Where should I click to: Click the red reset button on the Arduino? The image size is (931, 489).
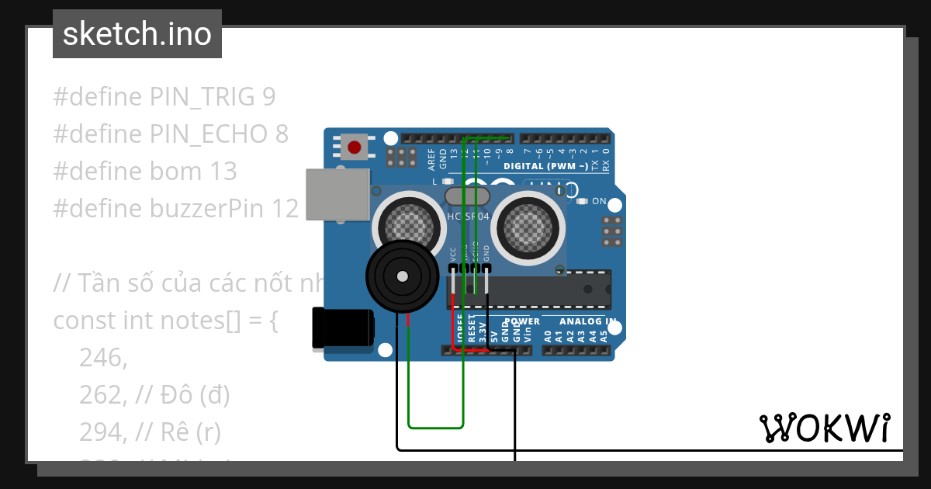pyautogui.click(x=355, y=147)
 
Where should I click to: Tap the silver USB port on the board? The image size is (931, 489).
pyautogui.click(x=337, y=194)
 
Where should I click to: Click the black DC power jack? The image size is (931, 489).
pyautogui.click(x=341, y=328)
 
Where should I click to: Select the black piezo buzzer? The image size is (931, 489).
pyautogui.click(x=401, y=276)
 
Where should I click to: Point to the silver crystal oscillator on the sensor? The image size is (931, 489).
pyautogui.click(x=468, y=196)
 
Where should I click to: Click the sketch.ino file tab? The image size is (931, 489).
pyautogui.click(x=137, y=34)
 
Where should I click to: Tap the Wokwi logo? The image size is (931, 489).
pyautogui.click(x=824, y=428)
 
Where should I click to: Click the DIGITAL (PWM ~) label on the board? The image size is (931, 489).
pyautogui.click(x=545, y=166)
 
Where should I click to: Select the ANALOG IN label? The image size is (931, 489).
pyautogui.click(x=588, y=321)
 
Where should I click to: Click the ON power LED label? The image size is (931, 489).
pyautogui.click(x=599, y=201)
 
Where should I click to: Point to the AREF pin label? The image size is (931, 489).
pyautogui.click(x=432, y=158)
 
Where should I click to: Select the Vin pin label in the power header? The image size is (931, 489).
pyautogui.click(x=528, y=336)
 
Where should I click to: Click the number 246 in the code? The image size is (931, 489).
pyautogui.click(x=102, y=358)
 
